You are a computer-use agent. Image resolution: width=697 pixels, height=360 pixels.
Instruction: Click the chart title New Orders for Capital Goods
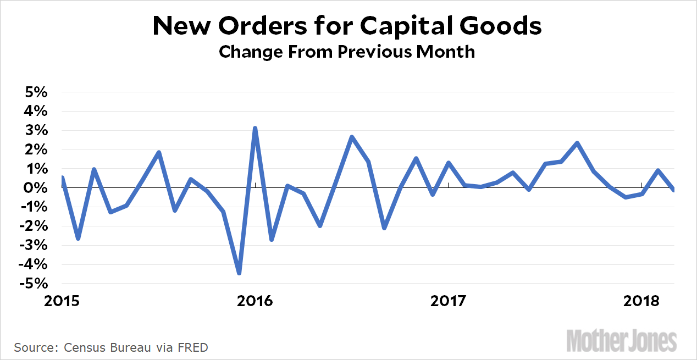(x=347, y=26)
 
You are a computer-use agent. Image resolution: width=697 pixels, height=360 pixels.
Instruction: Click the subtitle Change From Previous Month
(x=347, y=52)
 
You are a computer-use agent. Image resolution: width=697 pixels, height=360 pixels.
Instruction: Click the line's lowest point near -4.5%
(x=239, y=273)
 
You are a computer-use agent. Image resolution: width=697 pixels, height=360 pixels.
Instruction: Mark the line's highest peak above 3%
(x=255, y=129)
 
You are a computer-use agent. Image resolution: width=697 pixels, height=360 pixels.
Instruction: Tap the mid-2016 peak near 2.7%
(x=352, y=137)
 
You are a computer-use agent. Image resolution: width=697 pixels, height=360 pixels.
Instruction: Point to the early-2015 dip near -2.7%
(x=78, y=238)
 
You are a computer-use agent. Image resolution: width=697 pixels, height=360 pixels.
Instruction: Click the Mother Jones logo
(x=621, y=341)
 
